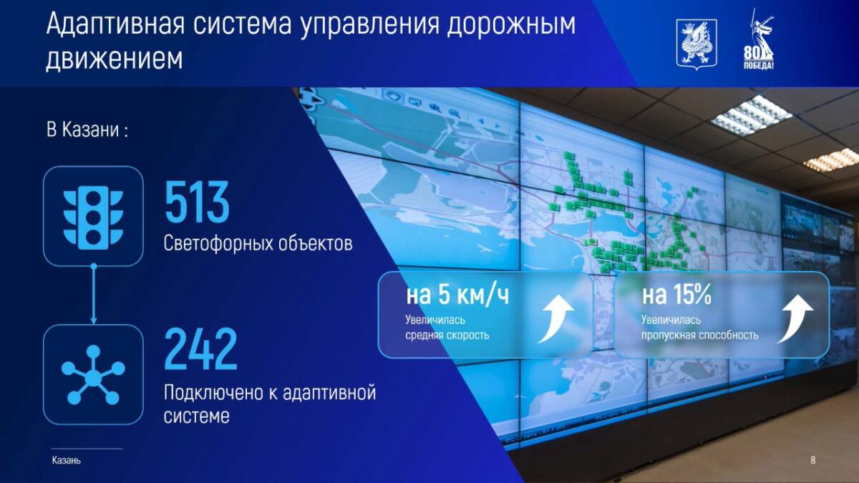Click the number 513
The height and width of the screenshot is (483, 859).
pyautogui.click(x=197, y=202)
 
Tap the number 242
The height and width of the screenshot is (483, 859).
pyautogui.click(x=200, y=349)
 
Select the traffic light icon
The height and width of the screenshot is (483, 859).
pyautogui.click(x=93, y=218)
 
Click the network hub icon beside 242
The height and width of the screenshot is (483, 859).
pyautogui.click(x=93, y=375)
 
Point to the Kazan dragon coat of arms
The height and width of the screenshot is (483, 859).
pyautogui.click(x=697, y=45)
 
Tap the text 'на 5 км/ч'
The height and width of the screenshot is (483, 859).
pyautogui.click(x=457, y=295)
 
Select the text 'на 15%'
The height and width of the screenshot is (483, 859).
pyautogui.click(x=676, y=295)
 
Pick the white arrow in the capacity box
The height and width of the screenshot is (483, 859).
pyautogui.click(x=795, y=318)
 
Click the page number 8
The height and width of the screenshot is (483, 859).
pyautogui.click(x=812, y=459)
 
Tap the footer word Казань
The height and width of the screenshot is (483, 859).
pyautogui.click(x=67, y=460)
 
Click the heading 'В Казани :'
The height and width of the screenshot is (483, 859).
pyautogui.click(x=87, y=130)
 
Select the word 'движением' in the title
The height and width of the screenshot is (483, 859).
pyautogui.click(x=115, y=59)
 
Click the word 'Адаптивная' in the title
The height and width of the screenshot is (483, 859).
pyautogui.click(x=115, y=24)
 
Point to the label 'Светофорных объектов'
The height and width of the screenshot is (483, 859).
pyautogui.click(x=258, y=243)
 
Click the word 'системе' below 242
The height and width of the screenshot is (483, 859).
pyautogui.click(x=196, y=416)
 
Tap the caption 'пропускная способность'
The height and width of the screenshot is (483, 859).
pyautogui.click(x=700, y=336)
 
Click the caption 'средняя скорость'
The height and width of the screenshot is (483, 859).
pyautogui.click(x=447, y=336)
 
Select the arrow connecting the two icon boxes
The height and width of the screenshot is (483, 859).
pyautogui.click(x=94, y=294)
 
